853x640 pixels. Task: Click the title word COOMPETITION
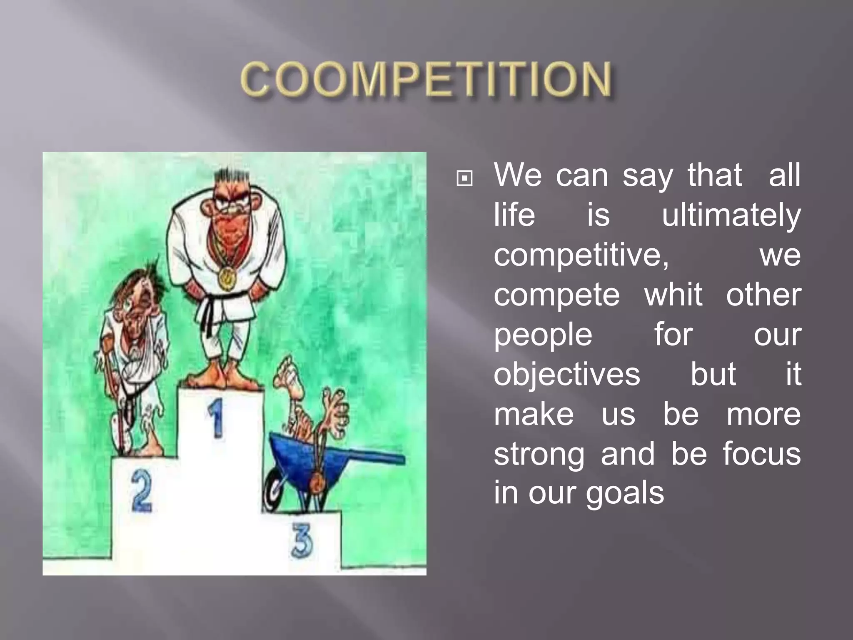(x=426, y=79)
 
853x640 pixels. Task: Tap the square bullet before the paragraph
(x=464, y=179)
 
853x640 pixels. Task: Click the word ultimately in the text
(x=731, y=215)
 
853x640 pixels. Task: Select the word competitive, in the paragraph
(x=581, y=255)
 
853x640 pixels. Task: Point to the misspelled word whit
(x=673, y=295)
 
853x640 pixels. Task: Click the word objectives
(x=566, y=374)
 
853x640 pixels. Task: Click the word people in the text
(x=543, y=335)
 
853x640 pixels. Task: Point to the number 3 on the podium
(x=302, y=540)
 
